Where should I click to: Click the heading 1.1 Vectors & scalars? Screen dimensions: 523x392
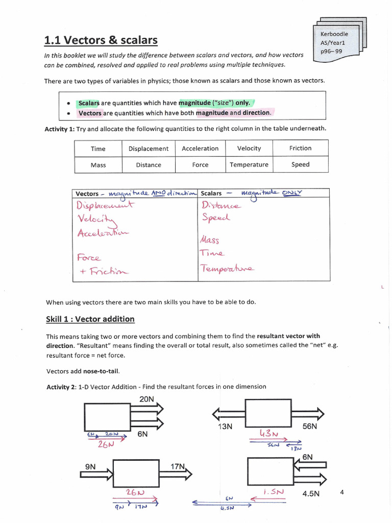click(101, 40)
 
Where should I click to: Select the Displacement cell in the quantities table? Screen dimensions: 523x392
click(148, 149)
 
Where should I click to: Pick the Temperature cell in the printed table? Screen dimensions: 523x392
click(249, 165)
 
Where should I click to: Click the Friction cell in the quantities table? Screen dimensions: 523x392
click(300, 148)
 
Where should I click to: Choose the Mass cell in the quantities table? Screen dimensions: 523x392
click(98, 165)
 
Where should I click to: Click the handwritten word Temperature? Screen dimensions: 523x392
click(228, 268)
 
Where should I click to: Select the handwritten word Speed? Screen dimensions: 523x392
click(216, 217)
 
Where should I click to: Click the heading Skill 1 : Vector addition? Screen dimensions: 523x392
click(90, 319)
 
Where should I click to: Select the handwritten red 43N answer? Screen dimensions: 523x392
click(269, 434)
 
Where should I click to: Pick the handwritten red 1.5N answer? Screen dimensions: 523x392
click(273, 492)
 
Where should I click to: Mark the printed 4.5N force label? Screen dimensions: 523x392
click(311, 494)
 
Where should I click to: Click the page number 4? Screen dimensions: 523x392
click(342, 492)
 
